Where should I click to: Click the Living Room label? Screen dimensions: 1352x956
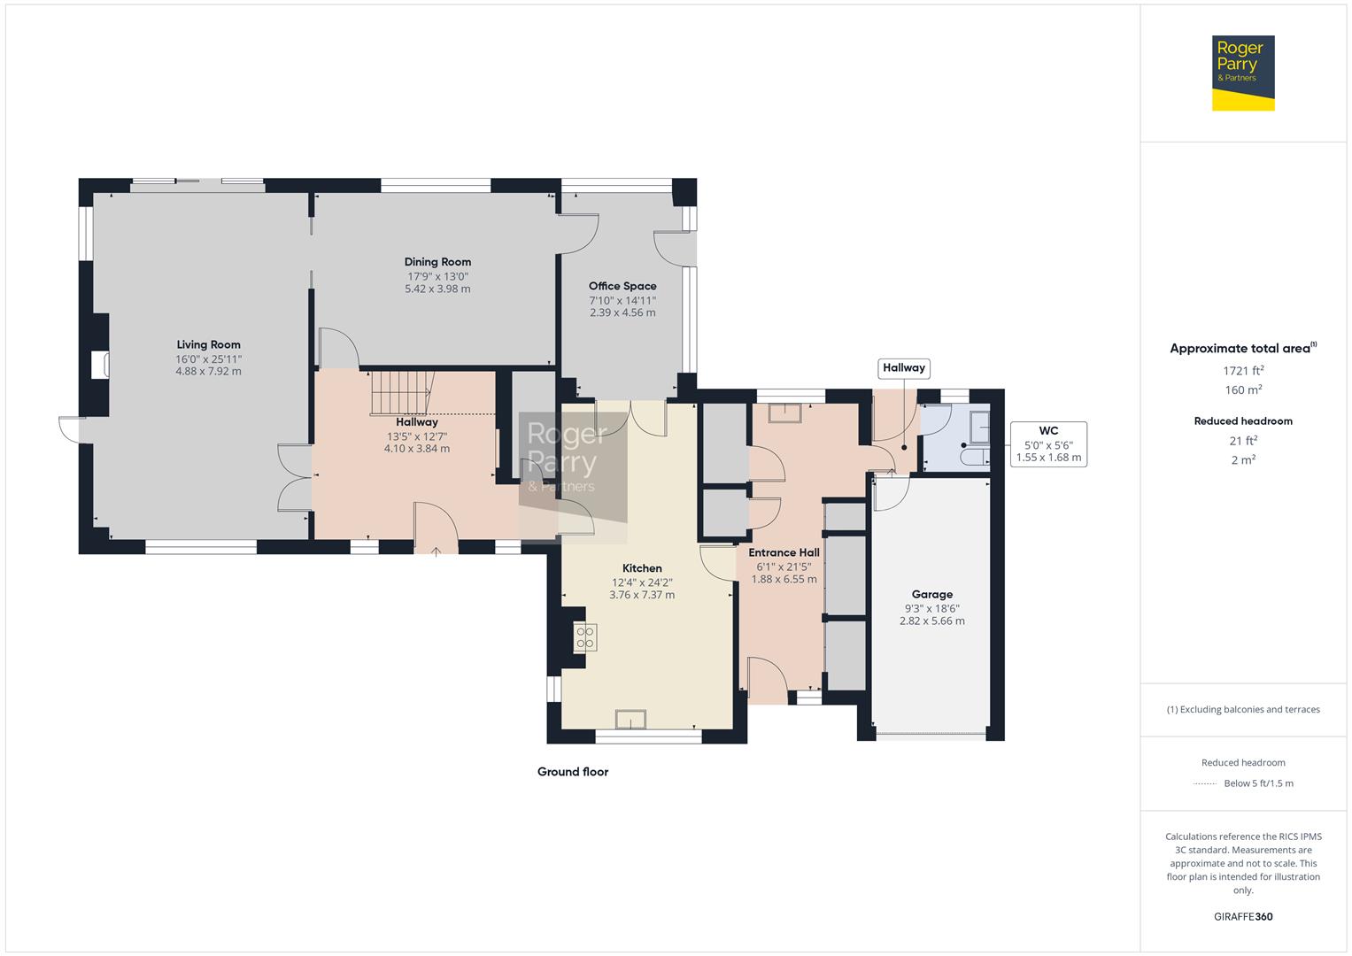(x=208, y=344)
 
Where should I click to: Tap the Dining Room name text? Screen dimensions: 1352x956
(x=437, y=262)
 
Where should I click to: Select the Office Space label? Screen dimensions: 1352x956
(x=622, y=286)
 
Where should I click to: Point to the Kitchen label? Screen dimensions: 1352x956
(x=642, y=568)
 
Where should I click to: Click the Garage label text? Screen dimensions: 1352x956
(x=932, y=595)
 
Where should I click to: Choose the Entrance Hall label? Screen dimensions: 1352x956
(x=784, y=552)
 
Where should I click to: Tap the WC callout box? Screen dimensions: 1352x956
(x=1048, y=444)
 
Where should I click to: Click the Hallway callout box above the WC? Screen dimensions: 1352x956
(x=903, y=368)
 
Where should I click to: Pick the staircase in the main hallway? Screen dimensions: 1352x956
(x=403, y=393)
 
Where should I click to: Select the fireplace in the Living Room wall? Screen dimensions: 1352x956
(x=100, y=365)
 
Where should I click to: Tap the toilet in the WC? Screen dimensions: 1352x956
(x=976, y=456)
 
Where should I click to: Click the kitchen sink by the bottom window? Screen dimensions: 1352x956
(x=630, y=720)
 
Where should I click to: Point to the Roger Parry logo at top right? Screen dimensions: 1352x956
(x=1243, y=73)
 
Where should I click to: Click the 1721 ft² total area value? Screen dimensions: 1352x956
(x=1243, y=371)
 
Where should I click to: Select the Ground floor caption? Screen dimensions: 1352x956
(x=573, y=772)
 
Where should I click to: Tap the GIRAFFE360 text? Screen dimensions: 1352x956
(x=1243, y=916)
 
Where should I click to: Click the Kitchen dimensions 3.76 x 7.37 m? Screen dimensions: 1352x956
(x=642, y=595)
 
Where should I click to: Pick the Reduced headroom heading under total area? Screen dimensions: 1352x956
(x=1243, y=421)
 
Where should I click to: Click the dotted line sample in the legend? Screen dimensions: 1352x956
(x=1205, y=783)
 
